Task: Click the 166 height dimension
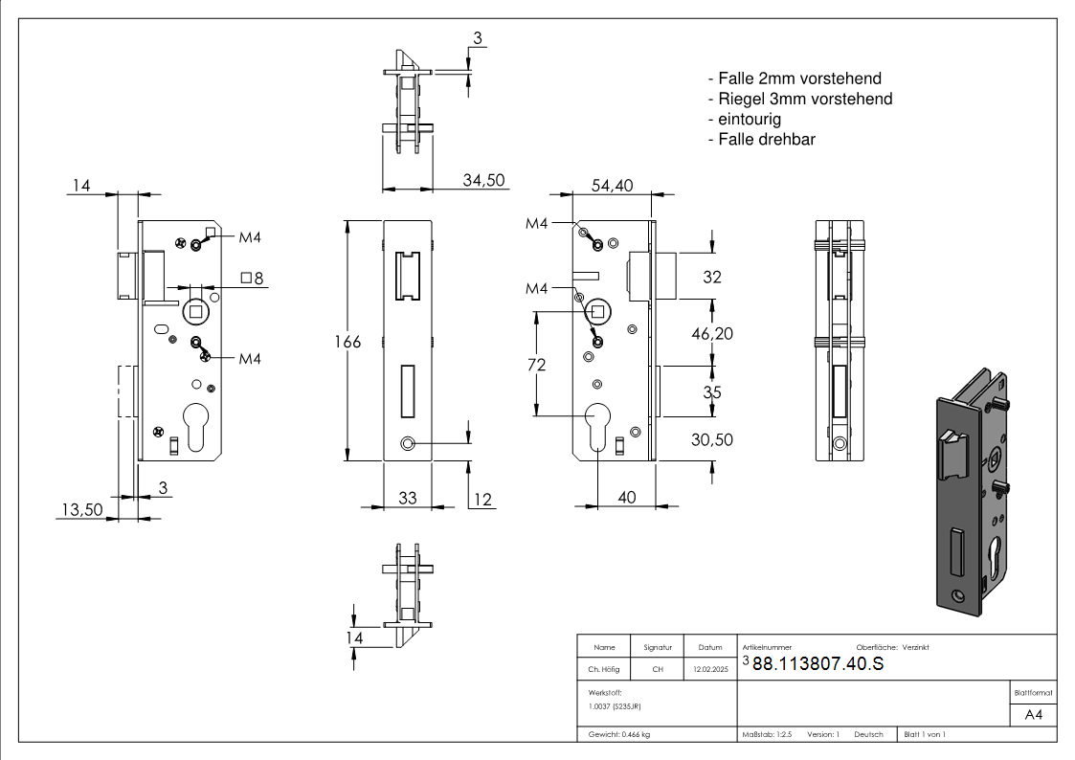tap(347, 342)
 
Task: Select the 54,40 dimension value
tap(612, 187)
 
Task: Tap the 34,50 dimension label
tap(483, 181)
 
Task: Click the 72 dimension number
tap(536, 365)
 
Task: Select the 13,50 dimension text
tap(81, 510)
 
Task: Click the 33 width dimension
tap(408, 498)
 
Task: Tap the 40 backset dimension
tap(627, 498)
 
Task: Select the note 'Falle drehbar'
tap(761, 140)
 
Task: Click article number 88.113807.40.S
tap(817, 664)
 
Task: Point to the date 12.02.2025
tap(710, 670)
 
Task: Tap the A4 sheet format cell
tap(1034, 715)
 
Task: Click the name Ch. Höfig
tap(604, 670)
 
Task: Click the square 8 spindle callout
tap(253, 279)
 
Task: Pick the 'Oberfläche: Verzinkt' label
tap(892, 648)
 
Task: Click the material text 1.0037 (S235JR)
tap(615, 706)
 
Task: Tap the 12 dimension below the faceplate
tap(482, 498)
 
